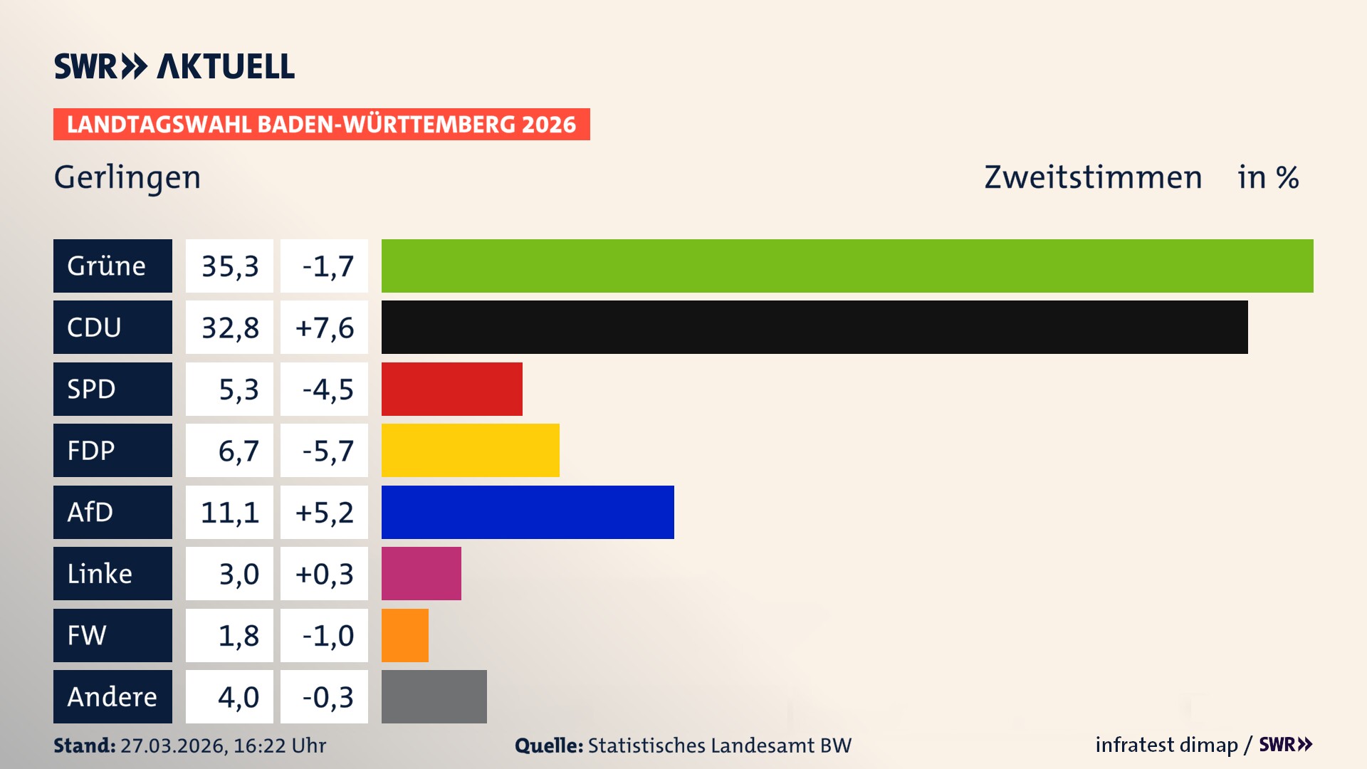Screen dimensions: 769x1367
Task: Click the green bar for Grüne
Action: (847, 266)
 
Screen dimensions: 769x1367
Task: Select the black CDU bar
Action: (815, 328)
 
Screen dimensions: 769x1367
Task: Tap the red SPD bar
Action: (451, 389)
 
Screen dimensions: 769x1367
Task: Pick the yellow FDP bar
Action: (470, 450)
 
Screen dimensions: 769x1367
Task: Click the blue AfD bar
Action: (528, 512)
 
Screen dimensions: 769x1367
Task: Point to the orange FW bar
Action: (404, 635)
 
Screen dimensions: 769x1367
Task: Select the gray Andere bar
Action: (434, 696)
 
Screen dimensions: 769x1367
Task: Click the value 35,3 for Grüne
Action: (229, 266)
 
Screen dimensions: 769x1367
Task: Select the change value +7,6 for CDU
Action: (324, 328)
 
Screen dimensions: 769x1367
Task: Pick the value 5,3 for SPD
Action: (238, 389)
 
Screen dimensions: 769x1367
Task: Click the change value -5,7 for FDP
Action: (328, 451)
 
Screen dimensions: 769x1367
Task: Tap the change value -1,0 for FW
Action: (328, 635)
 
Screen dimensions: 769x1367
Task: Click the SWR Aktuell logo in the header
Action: (174, 66)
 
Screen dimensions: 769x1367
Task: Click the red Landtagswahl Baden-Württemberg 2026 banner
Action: (321, 124)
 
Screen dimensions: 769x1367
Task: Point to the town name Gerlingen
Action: (127, 177)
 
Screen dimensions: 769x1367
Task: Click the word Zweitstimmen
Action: (1093, 177)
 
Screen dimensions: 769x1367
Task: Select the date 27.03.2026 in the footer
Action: (173, 746)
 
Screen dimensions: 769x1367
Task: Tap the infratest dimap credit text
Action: (1166, 745)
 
